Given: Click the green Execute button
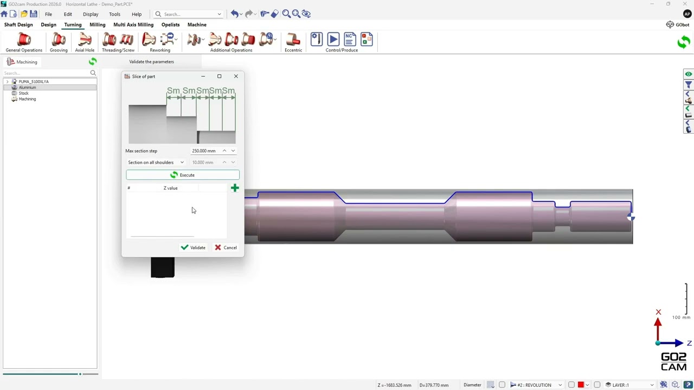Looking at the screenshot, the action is [183, 175].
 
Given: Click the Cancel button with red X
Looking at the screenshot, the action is [226, 248].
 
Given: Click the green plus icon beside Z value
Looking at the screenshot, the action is [235, 188].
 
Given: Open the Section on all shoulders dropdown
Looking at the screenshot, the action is [156, 162].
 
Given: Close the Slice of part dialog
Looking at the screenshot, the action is [236, 76].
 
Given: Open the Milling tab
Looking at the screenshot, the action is [97, 25].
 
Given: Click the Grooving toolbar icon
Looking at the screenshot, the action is [59, 42].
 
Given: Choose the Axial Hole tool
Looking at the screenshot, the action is [85, 42].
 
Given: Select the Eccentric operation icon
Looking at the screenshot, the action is [293, 42].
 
